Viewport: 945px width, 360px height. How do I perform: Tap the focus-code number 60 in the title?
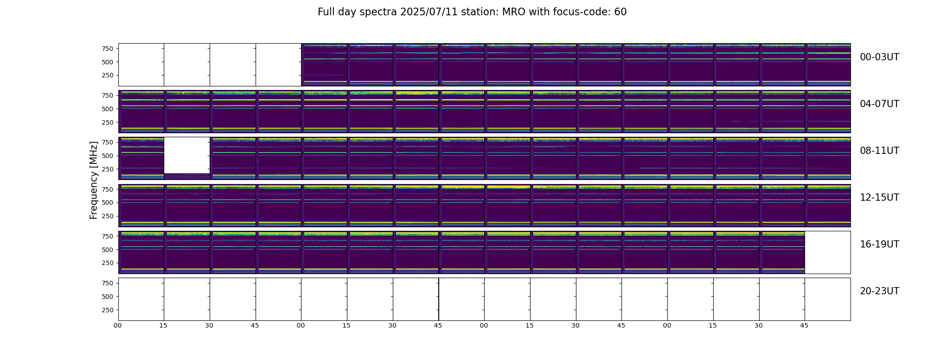621,12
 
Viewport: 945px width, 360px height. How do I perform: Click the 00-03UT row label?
879,57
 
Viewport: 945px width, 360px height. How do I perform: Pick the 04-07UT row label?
879,104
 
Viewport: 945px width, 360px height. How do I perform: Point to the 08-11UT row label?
879,151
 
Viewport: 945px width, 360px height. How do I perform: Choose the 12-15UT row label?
879,198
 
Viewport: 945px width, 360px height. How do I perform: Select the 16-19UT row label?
879,244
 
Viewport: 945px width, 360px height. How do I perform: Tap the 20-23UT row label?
879,291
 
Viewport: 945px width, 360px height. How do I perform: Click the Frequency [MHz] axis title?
94,180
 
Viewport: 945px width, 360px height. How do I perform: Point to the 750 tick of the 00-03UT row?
107,49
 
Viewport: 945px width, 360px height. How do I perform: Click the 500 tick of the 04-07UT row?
107,109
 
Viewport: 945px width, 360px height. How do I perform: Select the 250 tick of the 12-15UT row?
107,216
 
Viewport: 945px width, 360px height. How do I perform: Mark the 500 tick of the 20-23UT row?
107,297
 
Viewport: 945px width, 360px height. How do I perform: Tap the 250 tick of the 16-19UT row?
107,263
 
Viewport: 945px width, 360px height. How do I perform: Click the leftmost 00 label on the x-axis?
118,326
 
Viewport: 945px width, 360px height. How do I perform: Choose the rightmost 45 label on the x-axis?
804,326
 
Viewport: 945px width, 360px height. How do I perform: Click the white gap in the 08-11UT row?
187,155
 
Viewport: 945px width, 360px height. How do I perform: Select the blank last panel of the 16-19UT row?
828,252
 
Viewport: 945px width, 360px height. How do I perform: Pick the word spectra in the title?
381,12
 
